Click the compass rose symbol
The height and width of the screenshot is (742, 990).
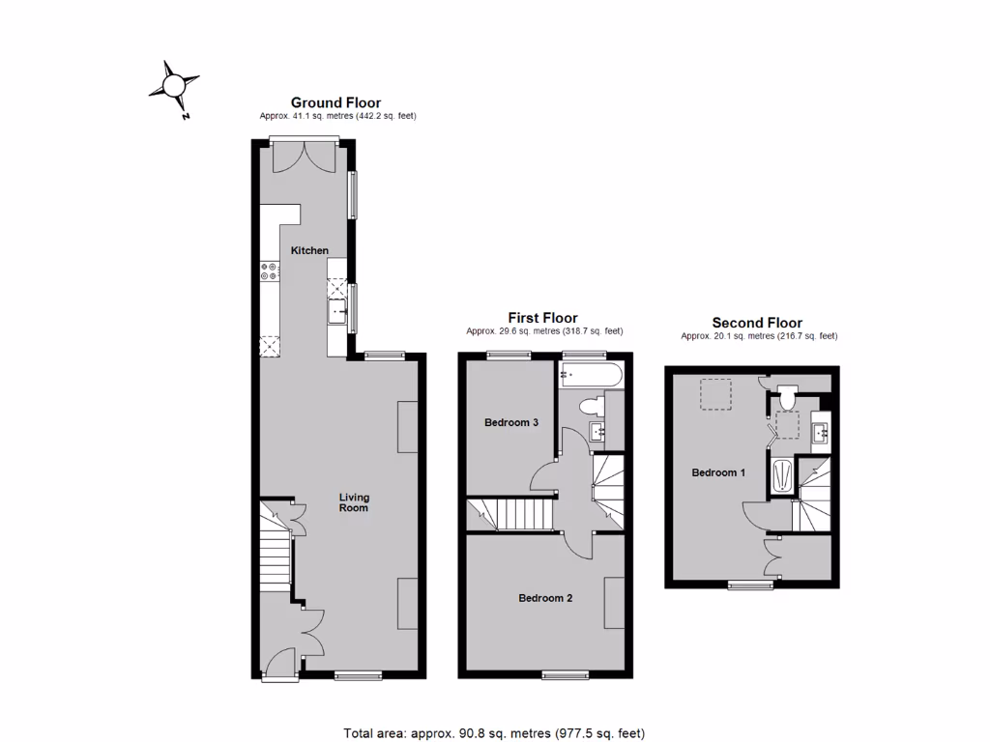[174, 86]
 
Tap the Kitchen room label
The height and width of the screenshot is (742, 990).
[310, 251]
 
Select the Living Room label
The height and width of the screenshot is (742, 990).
[354, 502]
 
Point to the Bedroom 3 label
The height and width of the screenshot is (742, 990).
[511, 423]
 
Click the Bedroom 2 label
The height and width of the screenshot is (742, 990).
[545, 598]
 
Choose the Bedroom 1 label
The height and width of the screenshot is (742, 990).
[718, 473]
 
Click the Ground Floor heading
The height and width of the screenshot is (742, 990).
[336, 102]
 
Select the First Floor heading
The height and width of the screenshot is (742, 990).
[543, 318]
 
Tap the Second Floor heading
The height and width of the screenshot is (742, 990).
[757, 323]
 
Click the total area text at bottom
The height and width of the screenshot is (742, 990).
[494, 732]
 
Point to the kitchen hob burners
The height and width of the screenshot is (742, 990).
[270, 272]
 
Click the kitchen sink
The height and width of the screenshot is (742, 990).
[337, 310]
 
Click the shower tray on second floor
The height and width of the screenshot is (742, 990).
[782, 475]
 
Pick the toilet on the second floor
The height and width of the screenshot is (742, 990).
[786, 396]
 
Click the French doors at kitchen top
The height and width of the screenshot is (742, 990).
[305, 157]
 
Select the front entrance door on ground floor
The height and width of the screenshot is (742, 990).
[277, 664]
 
